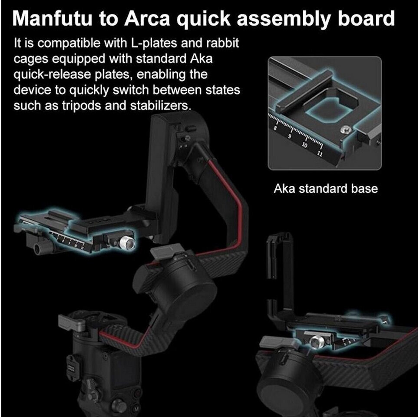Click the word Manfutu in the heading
tap(52, 19)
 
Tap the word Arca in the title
tap(146, 19)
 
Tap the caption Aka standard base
tap(325, 189)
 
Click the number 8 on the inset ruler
tap(275, 128)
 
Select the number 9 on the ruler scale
tap(289, 136)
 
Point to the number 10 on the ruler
tap(304, 145)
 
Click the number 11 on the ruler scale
tap(320, 154)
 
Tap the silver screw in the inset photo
tap(345, 130)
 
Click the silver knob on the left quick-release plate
tap(128, 243)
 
